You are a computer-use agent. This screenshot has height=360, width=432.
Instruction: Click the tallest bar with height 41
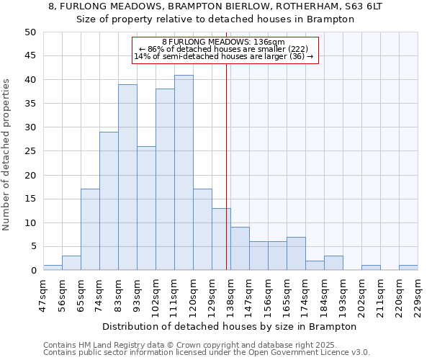tap(184, 173)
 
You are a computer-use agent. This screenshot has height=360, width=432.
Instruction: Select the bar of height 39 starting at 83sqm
tap(127, 177)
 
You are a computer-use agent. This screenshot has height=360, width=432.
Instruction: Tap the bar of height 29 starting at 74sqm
tap(109, 201)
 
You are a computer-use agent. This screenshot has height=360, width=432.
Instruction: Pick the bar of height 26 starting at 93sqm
tap(146, 208)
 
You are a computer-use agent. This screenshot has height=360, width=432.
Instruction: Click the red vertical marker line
tap(227, 180)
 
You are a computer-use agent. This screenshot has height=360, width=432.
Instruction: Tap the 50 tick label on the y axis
tap(30, 32)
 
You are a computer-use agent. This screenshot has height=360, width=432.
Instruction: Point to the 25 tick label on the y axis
tap(30, 151)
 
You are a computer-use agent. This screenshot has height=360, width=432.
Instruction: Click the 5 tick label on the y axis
tap(32, 246)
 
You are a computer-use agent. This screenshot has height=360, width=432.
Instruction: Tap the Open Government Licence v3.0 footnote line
tap(207, 353)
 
